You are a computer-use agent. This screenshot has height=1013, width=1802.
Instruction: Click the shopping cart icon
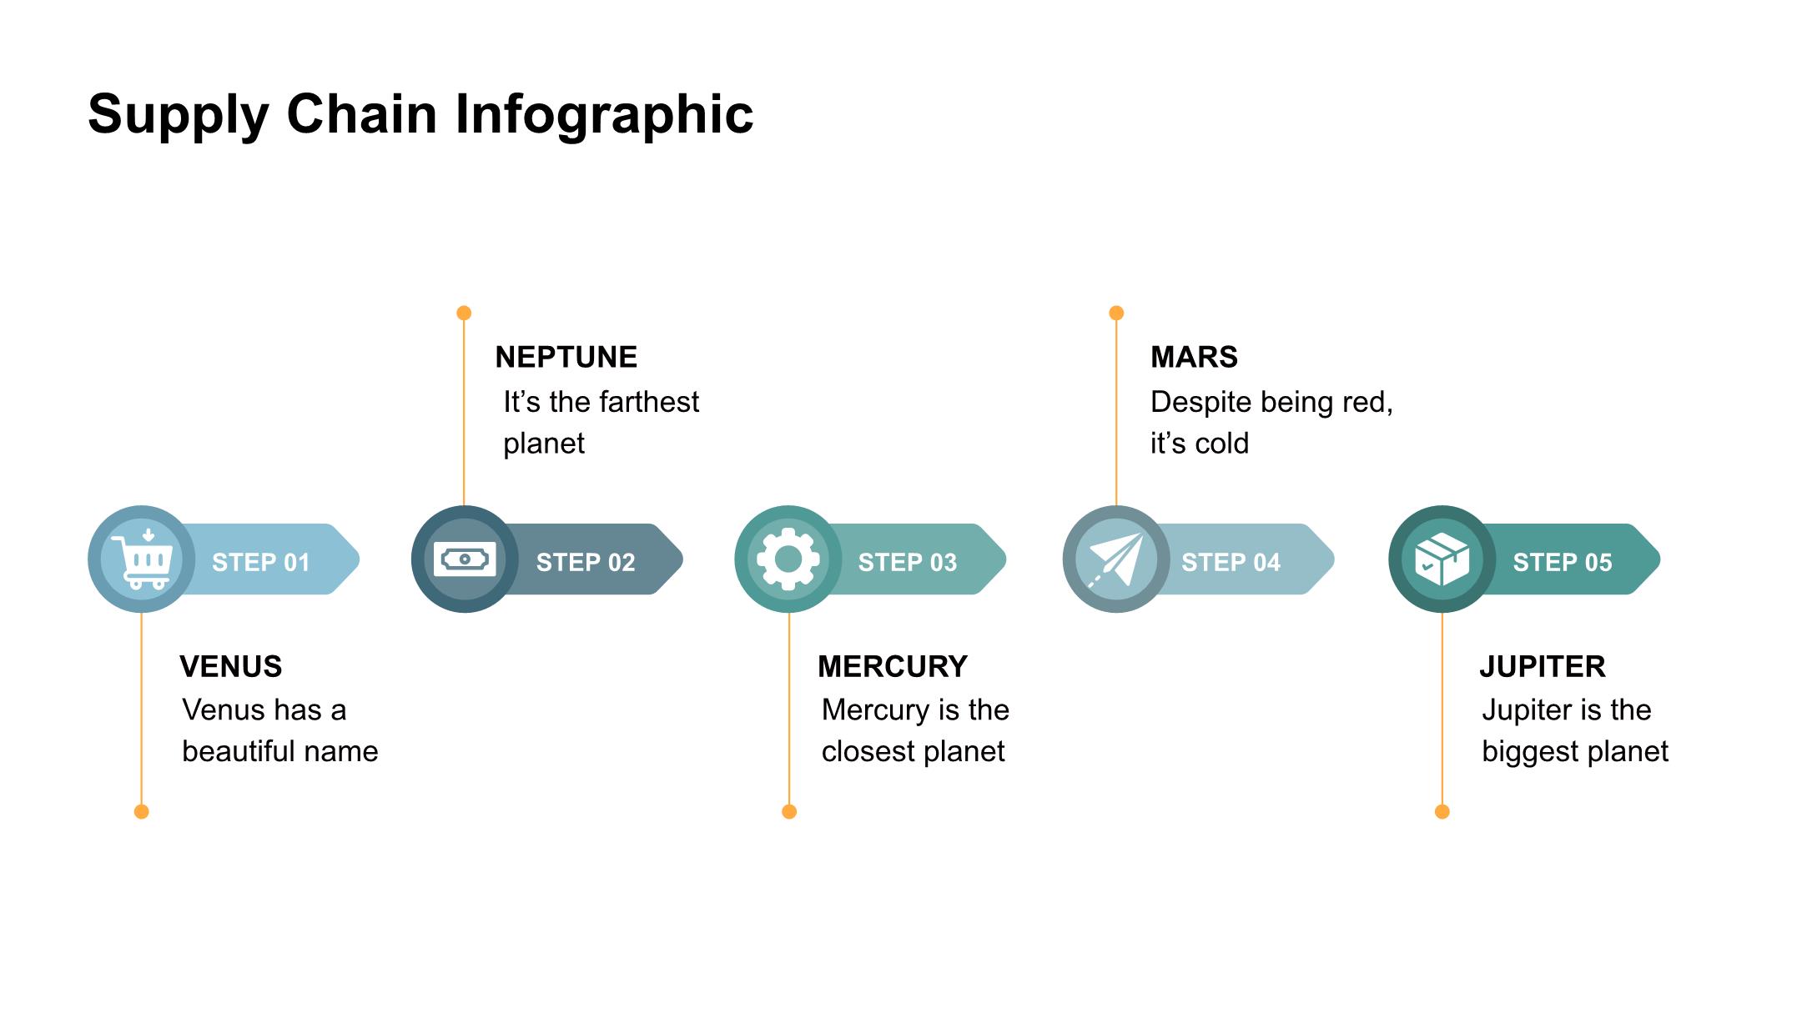pos(143,559)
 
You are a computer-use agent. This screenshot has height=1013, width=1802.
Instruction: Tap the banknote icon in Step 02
pos(465,559)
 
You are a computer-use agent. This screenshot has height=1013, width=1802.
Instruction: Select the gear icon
pos(788,559)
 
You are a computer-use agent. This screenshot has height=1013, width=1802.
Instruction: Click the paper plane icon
pos(1116,559)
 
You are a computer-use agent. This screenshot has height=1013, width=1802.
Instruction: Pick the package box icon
pos(1442,559)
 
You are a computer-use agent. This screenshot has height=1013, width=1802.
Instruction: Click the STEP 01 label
pos(260,563)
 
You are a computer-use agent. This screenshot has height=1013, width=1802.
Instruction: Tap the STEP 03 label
pos(908,563)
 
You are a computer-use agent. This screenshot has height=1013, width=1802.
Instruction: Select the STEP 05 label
pos(1563,563)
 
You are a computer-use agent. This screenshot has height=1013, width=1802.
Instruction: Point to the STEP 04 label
pos(1231,563)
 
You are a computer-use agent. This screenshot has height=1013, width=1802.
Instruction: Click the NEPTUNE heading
pos(566,357)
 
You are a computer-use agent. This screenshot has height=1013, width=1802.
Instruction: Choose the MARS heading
pos(1194,357)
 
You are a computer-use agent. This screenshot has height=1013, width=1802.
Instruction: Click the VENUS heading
pos(231,666)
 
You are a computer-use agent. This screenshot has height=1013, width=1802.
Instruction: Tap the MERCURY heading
pos(893,666)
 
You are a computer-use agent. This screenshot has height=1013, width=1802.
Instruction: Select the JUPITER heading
pos(1543,666)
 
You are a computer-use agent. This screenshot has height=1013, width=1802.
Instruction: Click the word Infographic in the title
pos(604,114)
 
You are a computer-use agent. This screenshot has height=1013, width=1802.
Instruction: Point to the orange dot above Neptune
pos(464,313)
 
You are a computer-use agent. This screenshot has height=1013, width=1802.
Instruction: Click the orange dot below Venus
pos(141,811)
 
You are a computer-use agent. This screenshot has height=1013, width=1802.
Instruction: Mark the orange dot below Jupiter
pos(1442,811)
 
